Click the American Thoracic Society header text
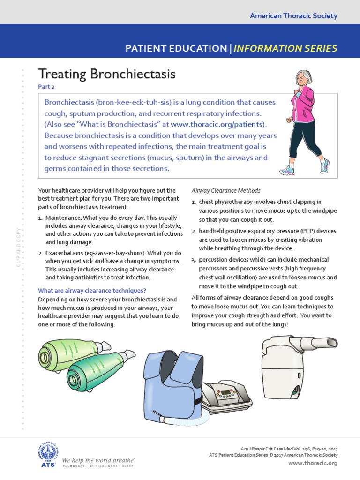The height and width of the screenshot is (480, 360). pos(293,16)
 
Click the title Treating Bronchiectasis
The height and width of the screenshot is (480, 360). pos(106,74)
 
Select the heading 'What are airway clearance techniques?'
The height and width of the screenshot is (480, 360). pos(92,290)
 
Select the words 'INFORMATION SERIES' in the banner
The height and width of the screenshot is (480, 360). pos(285,48)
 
